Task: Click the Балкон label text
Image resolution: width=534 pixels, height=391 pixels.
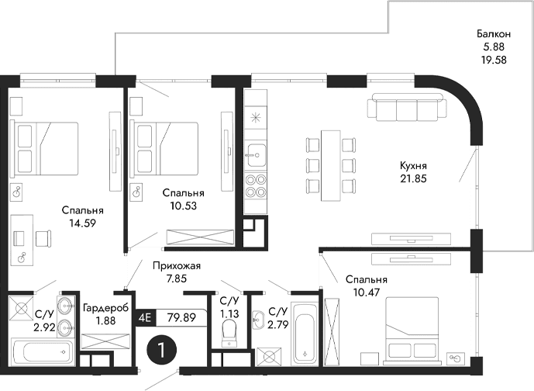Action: (493, 34)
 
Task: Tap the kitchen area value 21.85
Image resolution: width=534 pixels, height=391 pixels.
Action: (414, 178)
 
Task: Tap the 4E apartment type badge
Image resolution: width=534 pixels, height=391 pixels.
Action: (144, 317)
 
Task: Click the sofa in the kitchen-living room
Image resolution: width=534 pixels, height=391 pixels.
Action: (406, 108)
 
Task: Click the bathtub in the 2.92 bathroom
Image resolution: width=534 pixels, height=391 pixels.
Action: (43, 351)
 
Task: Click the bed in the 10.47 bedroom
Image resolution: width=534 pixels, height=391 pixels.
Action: (415, 325)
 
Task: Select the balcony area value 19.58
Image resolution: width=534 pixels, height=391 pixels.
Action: (493, 60)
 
